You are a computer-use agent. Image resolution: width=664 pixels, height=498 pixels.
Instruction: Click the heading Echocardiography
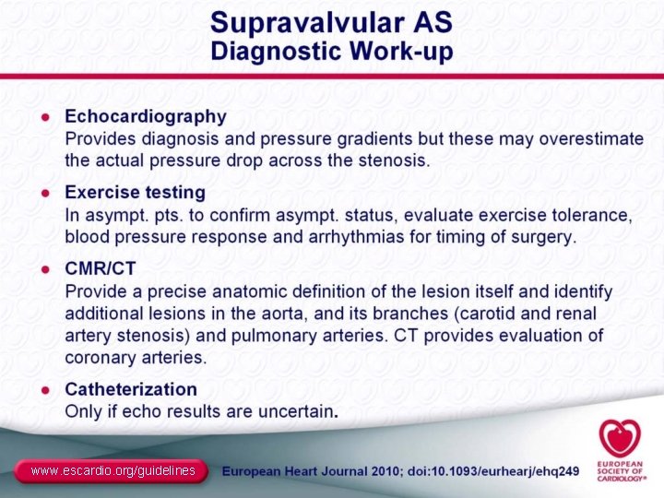coord(145,117)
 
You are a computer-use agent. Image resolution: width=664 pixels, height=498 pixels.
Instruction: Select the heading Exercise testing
coord(135,193)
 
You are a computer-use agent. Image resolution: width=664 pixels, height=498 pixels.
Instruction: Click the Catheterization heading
coord(130,389)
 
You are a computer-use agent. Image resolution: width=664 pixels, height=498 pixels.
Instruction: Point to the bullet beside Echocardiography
coord(44,117)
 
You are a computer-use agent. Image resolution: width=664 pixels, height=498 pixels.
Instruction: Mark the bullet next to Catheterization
coord(44,389)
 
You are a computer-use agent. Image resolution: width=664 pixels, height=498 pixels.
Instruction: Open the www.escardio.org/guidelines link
coord(113,471)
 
